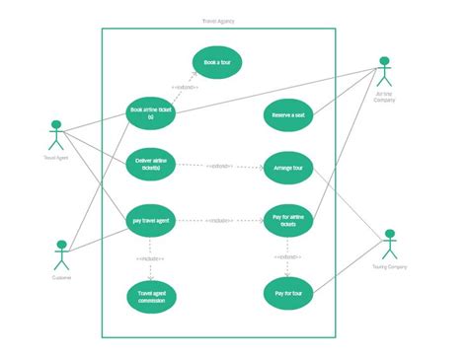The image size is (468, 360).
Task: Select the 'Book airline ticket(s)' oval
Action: pos(151,114)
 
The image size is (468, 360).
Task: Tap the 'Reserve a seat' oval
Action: pos(288,114)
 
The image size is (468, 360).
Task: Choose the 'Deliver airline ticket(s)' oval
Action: pos(151,165)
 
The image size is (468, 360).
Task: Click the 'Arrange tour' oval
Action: pos(288,168)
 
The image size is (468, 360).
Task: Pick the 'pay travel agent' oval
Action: pos(151,221)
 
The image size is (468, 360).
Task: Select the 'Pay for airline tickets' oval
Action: pos(288,221)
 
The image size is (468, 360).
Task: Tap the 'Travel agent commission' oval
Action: pos(151,296)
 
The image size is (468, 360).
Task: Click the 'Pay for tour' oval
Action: pos(288,294)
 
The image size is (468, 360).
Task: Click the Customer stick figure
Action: pos(61,254)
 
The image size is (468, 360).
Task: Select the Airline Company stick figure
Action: pos(385,72)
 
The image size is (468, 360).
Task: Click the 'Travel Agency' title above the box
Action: pos(217,21)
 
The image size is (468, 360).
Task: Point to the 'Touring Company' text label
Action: pos(389,267)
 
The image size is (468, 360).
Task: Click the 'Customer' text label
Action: pos(61,277)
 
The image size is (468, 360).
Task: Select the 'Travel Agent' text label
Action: pos(56,157)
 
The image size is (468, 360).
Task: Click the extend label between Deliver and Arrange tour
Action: pos(219,167)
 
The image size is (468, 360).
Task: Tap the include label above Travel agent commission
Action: pos(151,258)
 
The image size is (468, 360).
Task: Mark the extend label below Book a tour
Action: pos(186,88)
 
